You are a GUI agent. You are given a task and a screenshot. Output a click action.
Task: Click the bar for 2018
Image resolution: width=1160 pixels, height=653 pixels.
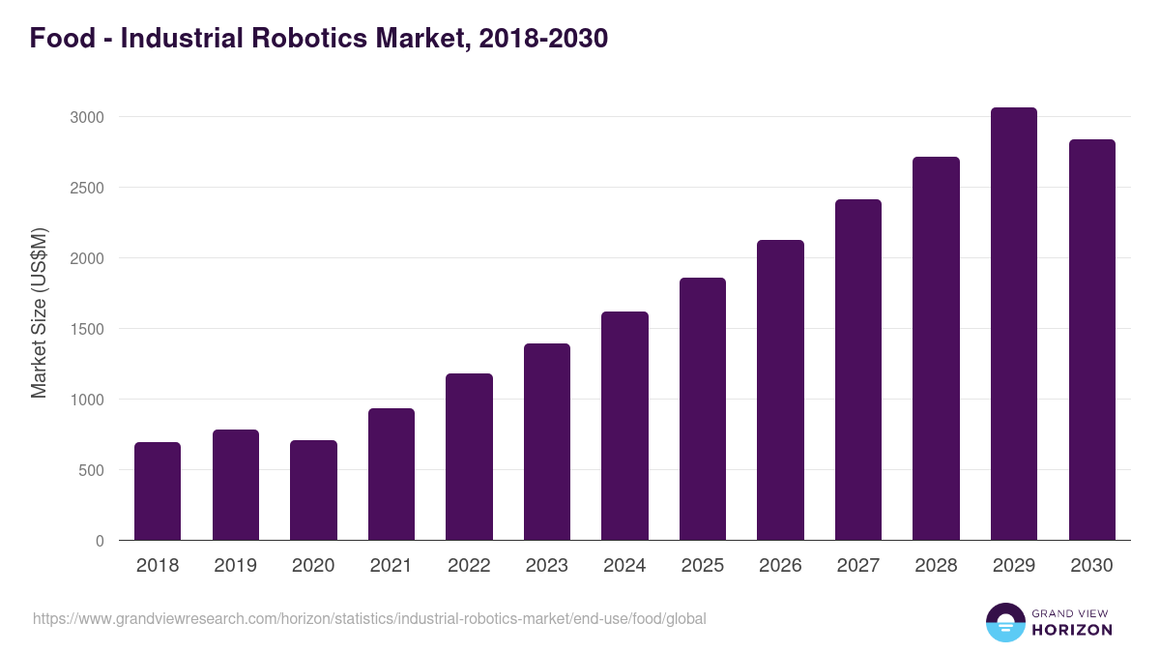158,491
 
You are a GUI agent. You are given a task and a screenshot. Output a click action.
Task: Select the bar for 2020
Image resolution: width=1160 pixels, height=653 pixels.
313,490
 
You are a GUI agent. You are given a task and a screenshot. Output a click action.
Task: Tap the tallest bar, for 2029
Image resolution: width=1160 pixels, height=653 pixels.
1013,324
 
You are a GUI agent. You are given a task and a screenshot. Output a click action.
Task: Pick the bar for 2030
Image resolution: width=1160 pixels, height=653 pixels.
1091,340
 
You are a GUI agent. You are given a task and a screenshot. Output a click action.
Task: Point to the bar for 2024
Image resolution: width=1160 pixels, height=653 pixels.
624,426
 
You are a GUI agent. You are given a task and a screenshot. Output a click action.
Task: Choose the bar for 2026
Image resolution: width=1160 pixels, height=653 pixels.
780,390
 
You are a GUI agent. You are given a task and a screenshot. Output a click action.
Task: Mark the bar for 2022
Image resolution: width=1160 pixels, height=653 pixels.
469,457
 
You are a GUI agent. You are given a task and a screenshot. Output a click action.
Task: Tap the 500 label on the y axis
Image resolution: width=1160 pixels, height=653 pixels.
91,470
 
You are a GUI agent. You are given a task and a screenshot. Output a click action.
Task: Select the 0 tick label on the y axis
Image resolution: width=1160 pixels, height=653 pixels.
100,541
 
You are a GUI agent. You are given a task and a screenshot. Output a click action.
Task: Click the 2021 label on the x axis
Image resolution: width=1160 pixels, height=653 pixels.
391,566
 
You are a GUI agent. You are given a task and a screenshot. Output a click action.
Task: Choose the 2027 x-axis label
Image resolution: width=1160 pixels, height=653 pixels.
858,566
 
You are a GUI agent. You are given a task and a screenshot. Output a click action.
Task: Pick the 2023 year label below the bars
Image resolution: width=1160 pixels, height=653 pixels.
547,566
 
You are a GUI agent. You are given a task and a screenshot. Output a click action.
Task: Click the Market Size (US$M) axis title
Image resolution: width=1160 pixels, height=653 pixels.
39,313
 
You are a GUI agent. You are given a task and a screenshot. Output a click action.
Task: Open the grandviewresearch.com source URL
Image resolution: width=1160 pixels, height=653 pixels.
369,618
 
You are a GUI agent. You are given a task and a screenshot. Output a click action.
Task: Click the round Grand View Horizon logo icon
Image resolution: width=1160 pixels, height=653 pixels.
1004,622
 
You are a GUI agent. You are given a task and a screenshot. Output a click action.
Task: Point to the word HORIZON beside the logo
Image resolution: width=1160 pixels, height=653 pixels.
1071,630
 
